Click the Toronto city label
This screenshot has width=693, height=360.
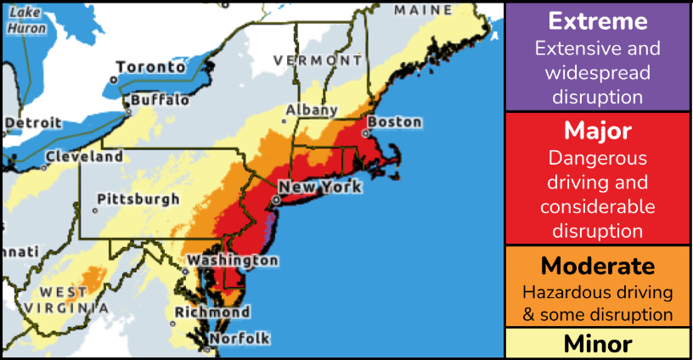click(x=150, y=67)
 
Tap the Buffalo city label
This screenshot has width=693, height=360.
click(x=160, y=100)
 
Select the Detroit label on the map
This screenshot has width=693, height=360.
click(x=33, y=123)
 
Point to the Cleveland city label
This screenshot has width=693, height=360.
click(x=83, y=157)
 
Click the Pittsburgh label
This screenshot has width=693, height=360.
click(x=138, y=200)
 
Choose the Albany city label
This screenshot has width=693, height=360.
click(x=312, y=110)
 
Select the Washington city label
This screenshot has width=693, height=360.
click(x=233, y=260)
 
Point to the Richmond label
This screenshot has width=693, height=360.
click(x=211, y=312)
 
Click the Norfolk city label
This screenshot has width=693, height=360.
click(x=239, y=339)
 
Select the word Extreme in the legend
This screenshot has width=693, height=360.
click(x=598, y=21)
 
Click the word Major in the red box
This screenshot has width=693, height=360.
click(x=598, y=132)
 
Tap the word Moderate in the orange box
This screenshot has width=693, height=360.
click(x=598, y=266)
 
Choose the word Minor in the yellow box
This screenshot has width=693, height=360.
click(x=598, y=344)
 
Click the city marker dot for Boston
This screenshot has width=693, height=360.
click(x=367, y=132)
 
